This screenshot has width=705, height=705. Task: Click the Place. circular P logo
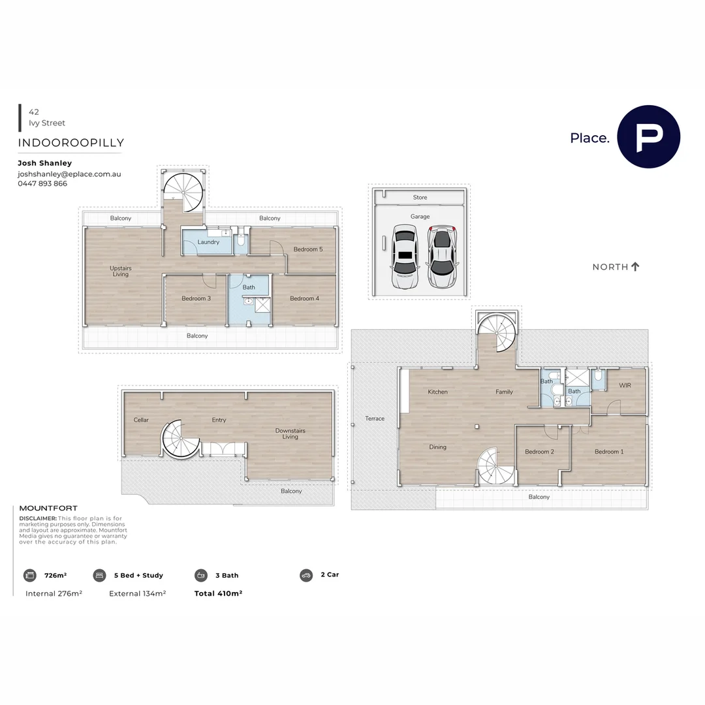pyautogui.click(x=648, y=137)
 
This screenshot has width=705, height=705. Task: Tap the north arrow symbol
pyautogui.click(x=635, y=266)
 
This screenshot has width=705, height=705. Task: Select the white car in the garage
pyautogui.click(x=405, y=257)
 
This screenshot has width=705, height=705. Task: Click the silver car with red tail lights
pyautogui.click(x=443, y=257)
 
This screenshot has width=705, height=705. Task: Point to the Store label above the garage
pyautogui.click(x=420, y=197)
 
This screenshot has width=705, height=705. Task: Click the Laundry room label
pyautogui.click(x=208, y=242)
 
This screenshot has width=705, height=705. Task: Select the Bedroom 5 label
pyautogui.click(x=307, y=249)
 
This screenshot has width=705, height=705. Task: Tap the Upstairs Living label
pyautogui.click(x=120, y=272)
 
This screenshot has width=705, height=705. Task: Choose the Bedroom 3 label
pyautogui.click(x=196, y=298)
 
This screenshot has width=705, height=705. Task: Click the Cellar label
pyautogui.click(x=141, y=420)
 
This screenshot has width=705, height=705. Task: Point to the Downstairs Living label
pyautogui.click(x=290, y=433)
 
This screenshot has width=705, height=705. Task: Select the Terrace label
pyautogui.click(x=375, y=418)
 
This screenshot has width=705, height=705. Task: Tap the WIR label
pyautogui.click(x=625, y=386)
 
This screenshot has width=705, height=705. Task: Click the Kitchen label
pyautogui.click(x=437, y=392)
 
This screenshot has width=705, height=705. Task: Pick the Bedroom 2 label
pyautogui.click(x=539, y=452)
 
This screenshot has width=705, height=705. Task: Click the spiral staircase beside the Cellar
pyautogui.click(x=181, y=439)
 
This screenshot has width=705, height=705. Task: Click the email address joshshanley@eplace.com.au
pyautogui.click(x=69, y=174)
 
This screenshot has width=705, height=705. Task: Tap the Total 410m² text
pyautogui.click(x=218, y=593)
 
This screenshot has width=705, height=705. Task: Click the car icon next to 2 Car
pyautogui.click(x=306, y=575)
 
